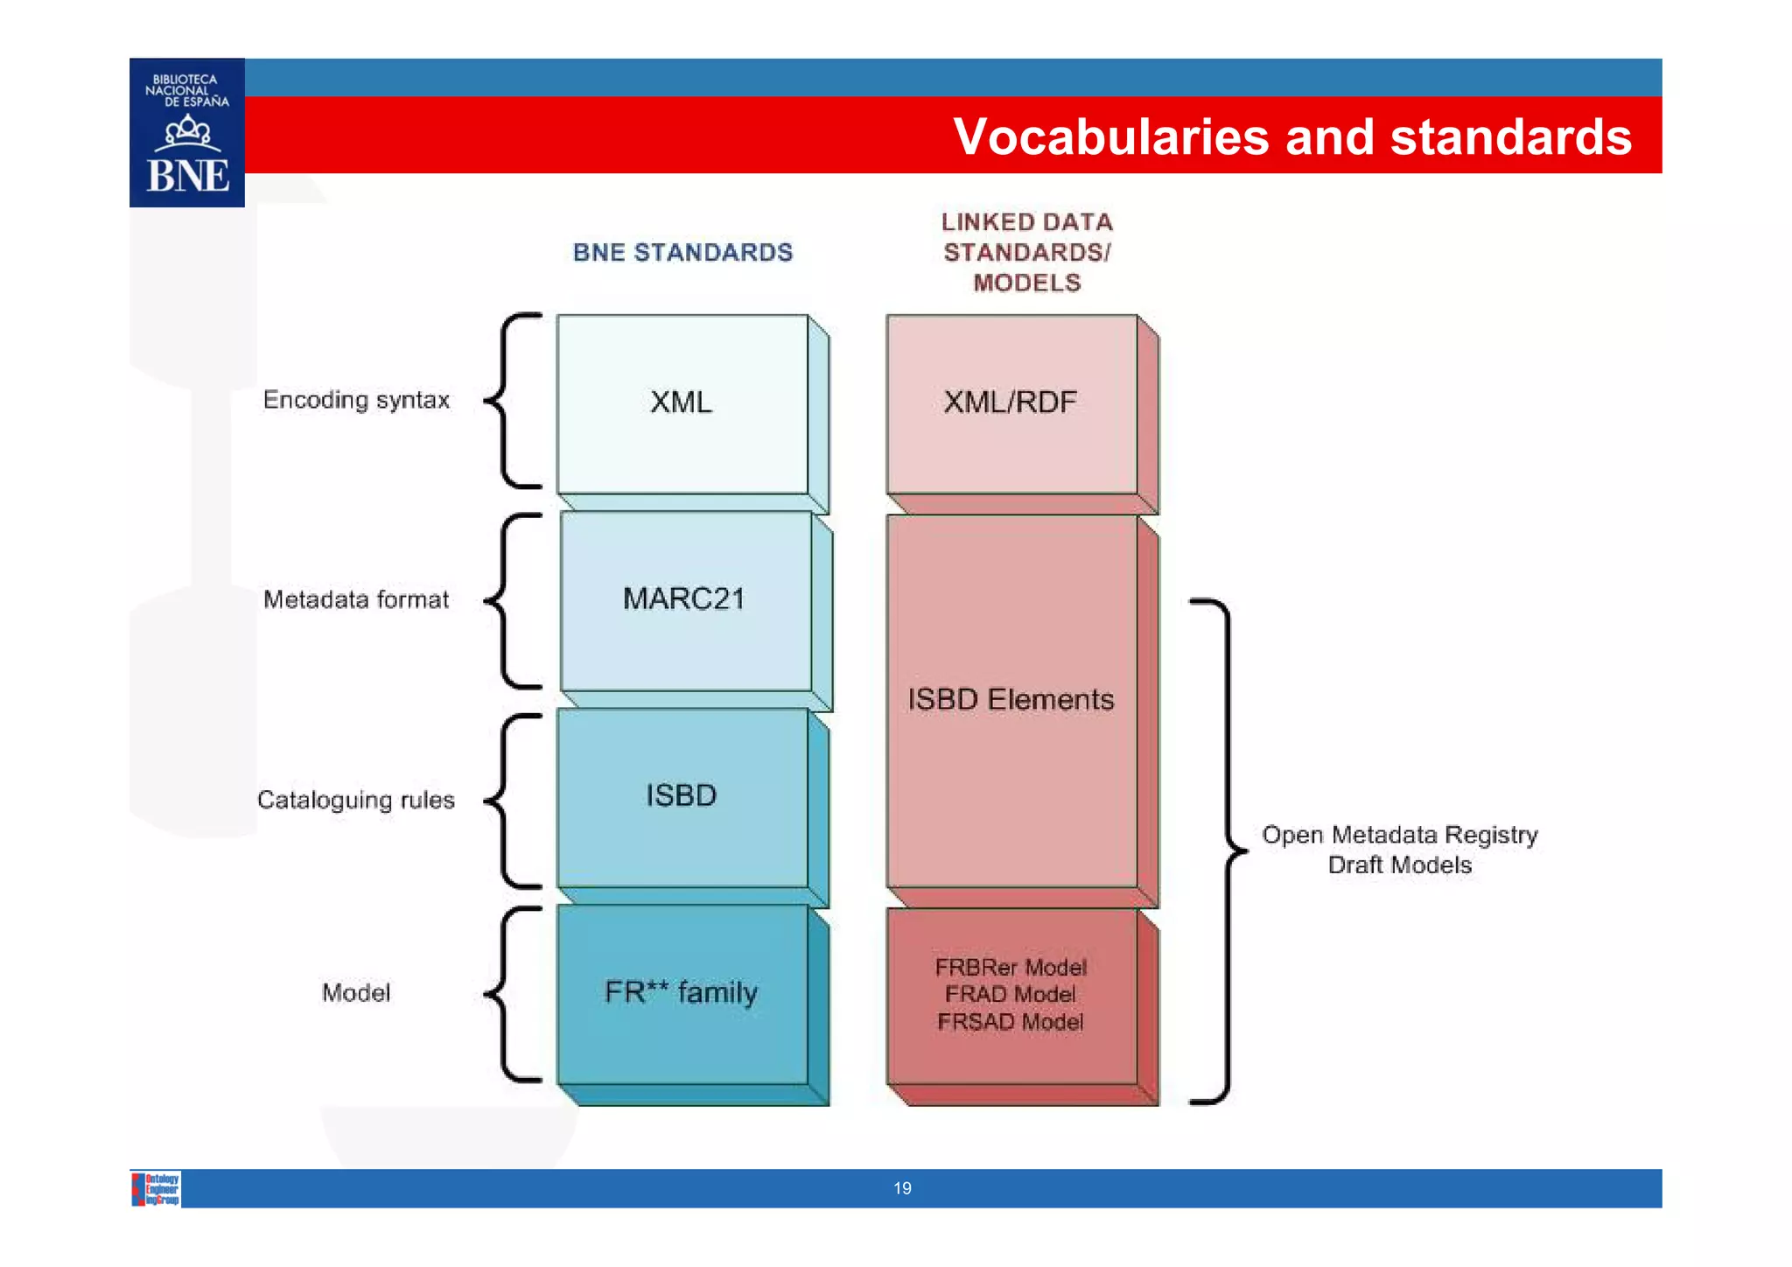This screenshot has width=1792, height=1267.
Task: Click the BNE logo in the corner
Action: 186,133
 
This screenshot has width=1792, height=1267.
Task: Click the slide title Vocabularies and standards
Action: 1291,136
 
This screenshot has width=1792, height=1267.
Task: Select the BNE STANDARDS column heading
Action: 682,252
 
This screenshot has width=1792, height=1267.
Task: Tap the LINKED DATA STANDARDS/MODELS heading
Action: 1026,252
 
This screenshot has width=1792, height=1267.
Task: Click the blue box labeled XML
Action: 682,402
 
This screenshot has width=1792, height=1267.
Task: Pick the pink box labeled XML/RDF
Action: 1011,402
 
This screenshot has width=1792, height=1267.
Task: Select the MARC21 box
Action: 684,599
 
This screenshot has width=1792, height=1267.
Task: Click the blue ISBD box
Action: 682,795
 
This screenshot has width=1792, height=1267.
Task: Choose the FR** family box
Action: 682,992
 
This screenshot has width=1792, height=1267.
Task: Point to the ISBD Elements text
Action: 1011,699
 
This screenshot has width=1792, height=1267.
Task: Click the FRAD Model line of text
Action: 1011,994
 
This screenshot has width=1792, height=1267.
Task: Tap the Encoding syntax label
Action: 356,400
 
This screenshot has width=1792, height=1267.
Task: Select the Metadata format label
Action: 356,599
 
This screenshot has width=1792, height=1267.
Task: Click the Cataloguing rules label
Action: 356,800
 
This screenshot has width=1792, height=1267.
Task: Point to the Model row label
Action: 356,992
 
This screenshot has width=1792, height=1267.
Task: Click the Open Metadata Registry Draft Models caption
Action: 1399,849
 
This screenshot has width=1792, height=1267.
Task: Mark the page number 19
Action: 902,1188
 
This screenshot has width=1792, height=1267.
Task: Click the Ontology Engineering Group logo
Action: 157,1189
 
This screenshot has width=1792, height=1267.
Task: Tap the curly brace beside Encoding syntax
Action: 512,401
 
